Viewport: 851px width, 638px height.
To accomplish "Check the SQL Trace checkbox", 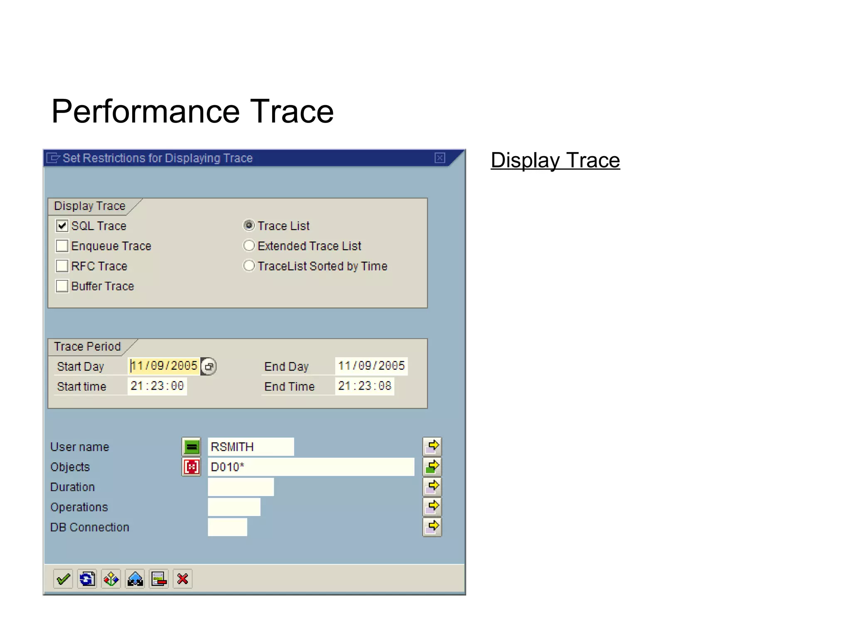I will coord(62,226).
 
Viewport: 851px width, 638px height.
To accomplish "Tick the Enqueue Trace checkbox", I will coord(62,246).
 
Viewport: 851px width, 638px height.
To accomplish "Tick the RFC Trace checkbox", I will coord(62,266).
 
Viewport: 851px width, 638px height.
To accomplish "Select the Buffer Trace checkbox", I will coord(62,286).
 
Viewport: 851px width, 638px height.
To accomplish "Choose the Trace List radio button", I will coord(248,226).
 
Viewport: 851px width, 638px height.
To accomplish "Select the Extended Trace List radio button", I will coord(248,246).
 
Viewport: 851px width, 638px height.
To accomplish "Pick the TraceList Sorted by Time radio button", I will coord(248,266).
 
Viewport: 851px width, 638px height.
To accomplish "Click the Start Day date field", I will coord(164,366).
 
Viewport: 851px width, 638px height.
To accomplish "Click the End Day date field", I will coord(371,366).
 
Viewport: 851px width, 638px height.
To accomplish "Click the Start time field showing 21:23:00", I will coord(157,386).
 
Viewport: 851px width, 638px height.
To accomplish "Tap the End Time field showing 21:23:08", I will coord(364,386).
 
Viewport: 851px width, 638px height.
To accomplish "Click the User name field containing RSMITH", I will coord(251,447).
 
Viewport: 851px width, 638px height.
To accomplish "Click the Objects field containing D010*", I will coord(310,467).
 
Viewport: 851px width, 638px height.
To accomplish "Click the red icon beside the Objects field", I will coord(191,467).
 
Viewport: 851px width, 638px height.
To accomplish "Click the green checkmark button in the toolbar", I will coord(63,579).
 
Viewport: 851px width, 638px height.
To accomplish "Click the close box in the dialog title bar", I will coord(440,158).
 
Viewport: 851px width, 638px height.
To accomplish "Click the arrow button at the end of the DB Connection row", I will coord(432,527).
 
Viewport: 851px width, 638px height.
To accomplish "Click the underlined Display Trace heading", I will coord(555,161).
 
